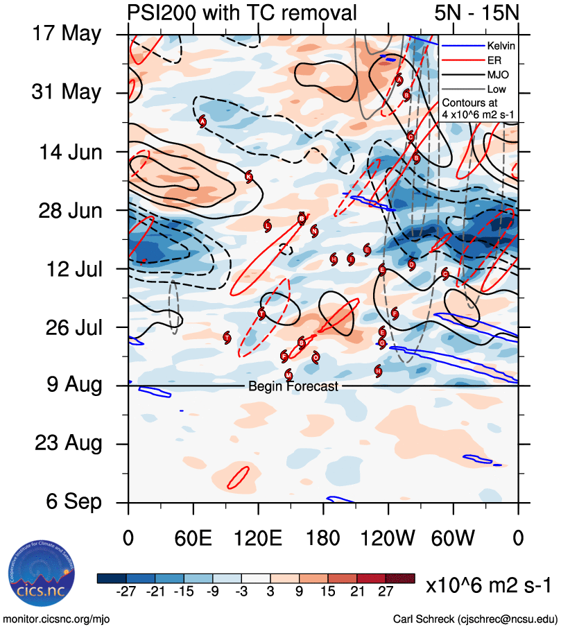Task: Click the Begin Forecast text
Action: pos(293,386)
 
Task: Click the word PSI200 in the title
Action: pos(160,12)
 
